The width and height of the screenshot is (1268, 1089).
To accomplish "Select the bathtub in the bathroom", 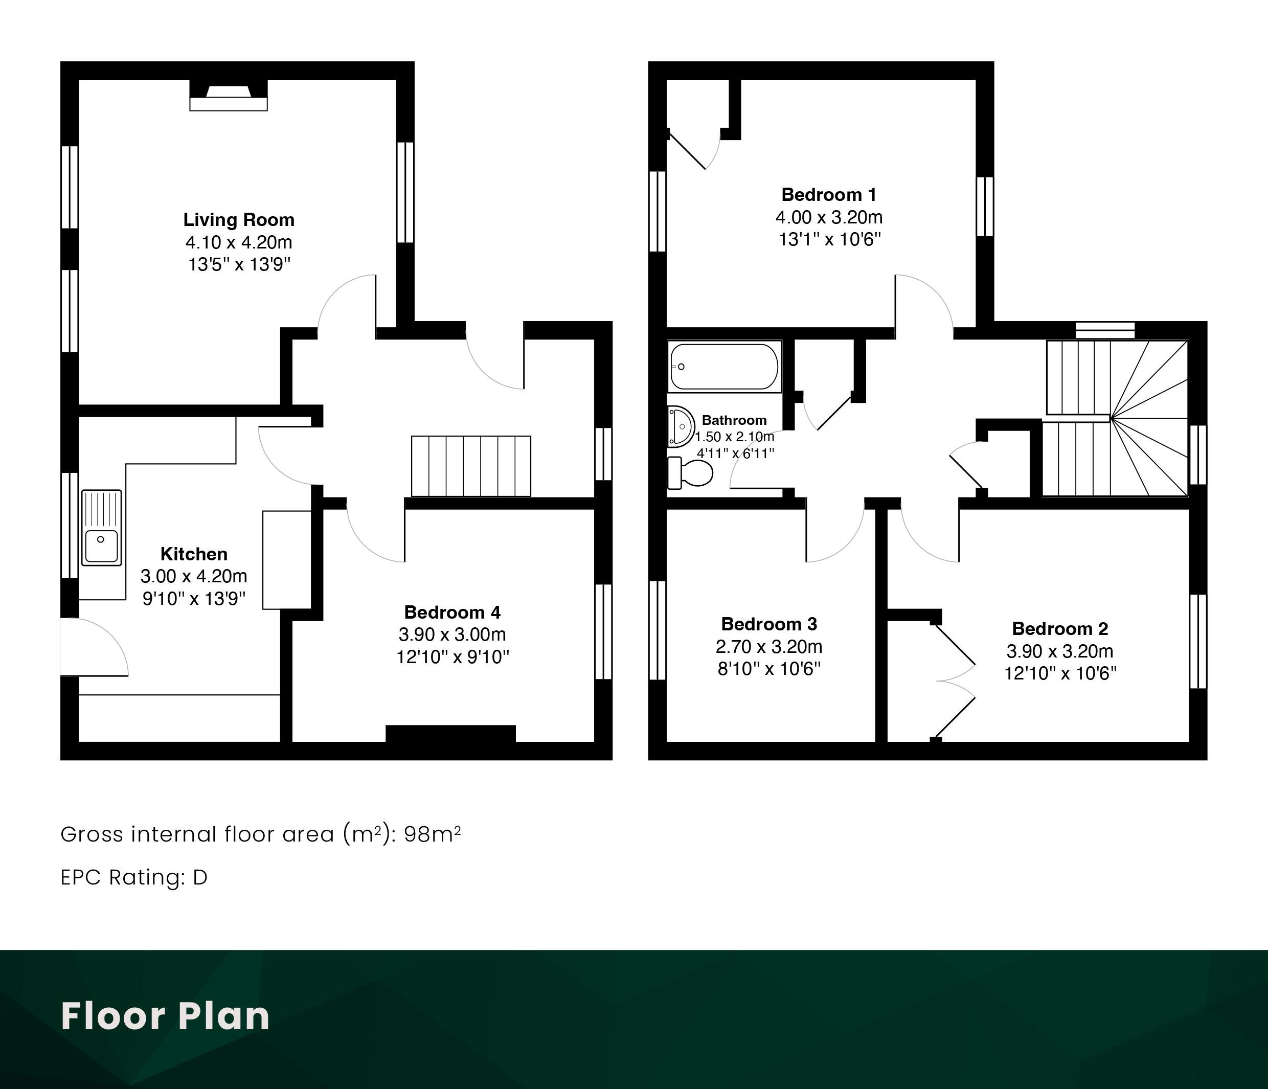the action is pyautogui.click(x=724, y=367).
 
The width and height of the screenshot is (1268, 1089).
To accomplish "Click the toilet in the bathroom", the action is pyautogui.click(x=690, y=473).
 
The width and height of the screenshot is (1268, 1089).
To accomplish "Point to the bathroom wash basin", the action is pyautogui.click(x=681, y=426).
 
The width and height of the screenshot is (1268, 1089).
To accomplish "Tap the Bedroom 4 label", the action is pyautogui.click(x=452, y=612).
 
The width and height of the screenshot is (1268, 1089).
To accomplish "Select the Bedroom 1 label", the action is pyautogui.click(x=829, y=195).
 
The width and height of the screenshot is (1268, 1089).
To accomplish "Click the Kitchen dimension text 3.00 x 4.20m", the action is pyautogui.click(x=194, y=576).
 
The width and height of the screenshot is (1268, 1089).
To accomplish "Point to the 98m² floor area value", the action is pyautogui.click(x=432, y=834).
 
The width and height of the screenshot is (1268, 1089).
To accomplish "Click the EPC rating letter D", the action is pyautogui.click(x=200, y=877).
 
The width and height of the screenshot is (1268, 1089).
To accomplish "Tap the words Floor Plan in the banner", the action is pyautogui.click(x=165, y=1017).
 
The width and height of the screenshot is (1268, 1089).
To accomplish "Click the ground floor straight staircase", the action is pyautogui.click(x=470, y=466).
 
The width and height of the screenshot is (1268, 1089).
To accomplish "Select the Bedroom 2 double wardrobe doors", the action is pyautogui.click(x=955, y=680).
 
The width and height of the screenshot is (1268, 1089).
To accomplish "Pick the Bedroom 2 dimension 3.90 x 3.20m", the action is pyautogui.click(x=1060, y=651).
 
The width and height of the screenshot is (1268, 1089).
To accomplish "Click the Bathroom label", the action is pyautogui.click(x=734, y=420).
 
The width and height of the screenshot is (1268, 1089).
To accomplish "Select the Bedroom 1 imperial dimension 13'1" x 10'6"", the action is pyautogui.click(x=829, y=239).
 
